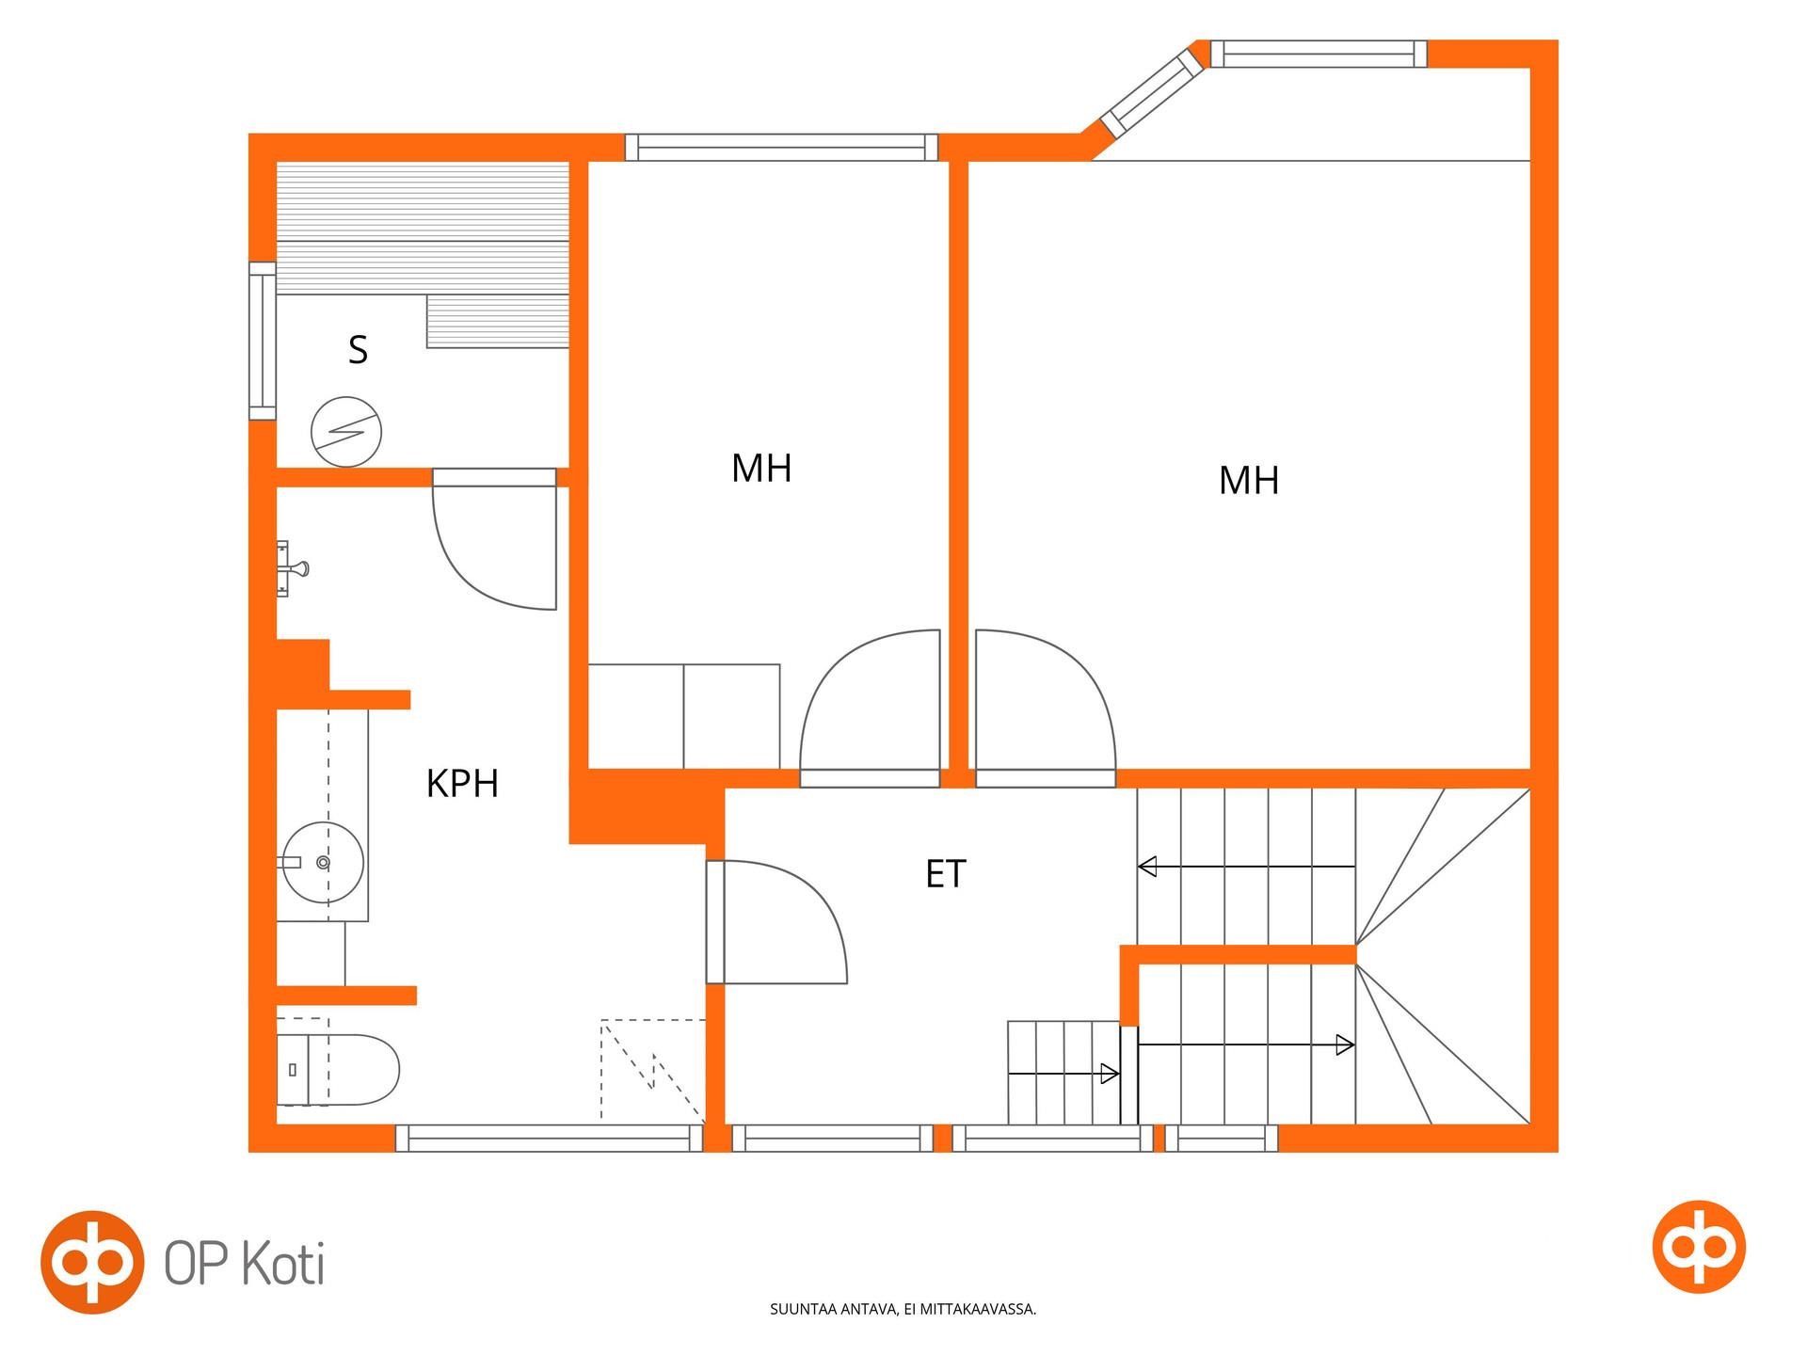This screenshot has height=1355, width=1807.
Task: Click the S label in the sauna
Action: click(358, 350)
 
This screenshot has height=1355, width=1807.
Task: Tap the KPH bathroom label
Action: click(462, 784)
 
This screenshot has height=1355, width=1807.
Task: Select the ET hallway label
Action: click(946, 874)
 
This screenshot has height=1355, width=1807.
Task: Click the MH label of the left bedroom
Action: click(761, 469)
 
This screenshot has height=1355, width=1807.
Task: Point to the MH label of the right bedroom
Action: click(1249, 481)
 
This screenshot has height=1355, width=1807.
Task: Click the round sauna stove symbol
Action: click(346, 432)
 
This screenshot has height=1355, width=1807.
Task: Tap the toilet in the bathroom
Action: click(338, 1070)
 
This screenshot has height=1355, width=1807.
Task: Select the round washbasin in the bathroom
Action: click(323, 862)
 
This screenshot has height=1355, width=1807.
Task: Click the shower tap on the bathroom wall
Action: click(292, 568)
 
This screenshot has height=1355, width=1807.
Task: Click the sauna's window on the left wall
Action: click(263, 341)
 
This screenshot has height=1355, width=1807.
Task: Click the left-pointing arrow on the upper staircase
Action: click(1246, 866)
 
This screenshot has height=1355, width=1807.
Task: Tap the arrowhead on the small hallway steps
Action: click(1110, 1074)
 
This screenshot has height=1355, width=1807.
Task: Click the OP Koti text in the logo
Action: click(245, 1263)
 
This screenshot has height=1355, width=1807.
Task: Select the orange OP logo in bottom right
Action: click(1699, 1247)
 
